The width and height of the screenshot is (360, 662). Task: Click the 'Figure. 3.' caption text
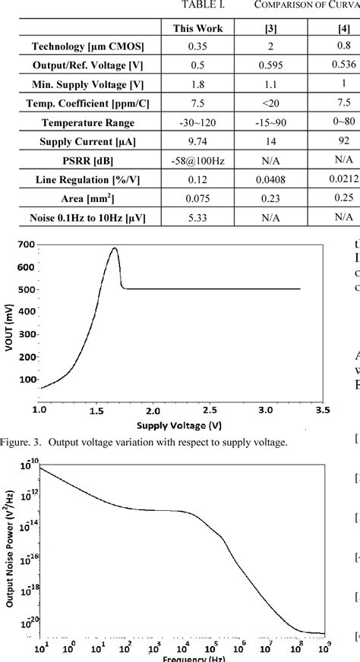21,443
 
